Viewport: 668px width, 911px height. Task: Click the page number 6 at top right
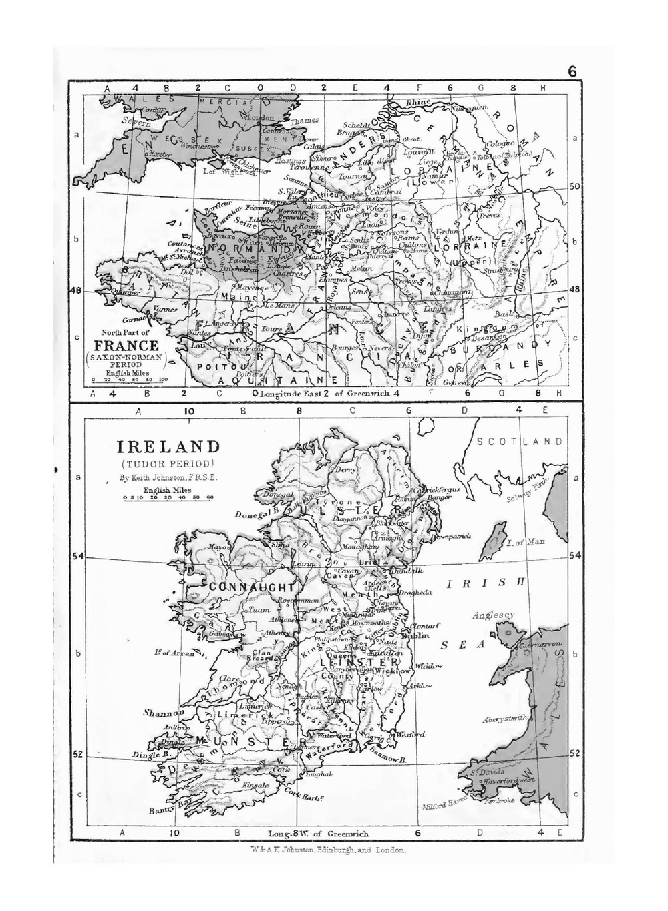[572, 72]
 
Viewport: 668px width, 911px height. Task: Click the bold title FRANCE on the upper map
[126, 346]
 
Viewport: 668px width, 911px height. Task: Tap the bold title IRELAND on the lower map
[168, 446]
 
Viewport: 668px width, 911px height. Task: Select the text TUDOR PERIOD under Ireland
[166, 463]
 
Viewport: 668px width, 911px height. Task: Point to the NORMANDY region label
[254, 247]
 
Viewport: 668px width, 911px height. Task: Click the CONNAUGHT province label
[252, 587]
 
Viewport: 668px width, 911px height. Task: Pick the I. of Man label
[525, 543]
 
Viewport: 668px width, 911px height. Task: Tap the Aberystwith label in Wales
[504, 719]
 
